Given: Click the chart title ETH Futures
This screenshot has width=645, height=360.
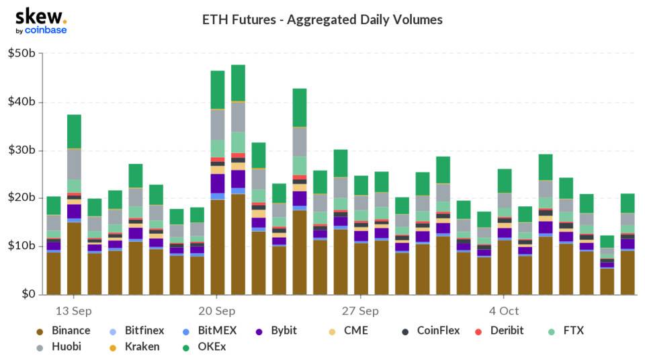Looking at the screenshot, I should click(322, 19).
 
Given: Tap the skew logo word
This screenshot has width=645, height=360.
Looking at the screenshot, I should click(39, 16).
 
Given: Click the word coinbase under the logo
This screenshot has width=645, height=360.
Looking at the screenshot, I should click(45, 30).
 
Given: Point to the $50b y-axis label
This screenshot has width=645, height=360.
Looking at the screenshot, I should click(22, 53).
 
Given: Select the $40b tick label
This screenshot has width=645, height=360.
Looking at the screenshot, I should click(22, 102).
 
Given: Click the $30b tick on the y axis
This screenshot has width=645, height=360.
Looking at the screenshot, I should click(22, 150).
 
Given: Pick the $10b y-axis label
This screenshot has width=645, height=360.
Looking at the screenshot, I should click(22, 246).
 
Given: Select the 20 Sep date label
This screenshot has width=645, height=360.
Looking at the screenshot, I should click(217, 311).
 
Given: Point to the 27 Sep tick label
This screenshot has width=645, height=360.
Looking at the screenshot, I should click(361, 311).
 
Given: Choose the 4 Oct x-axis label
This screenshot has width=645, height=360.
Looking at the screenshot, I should click(504, 311).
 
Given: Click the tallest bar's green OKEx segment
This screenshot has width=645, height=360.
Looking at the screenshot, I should click(238, 83).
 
